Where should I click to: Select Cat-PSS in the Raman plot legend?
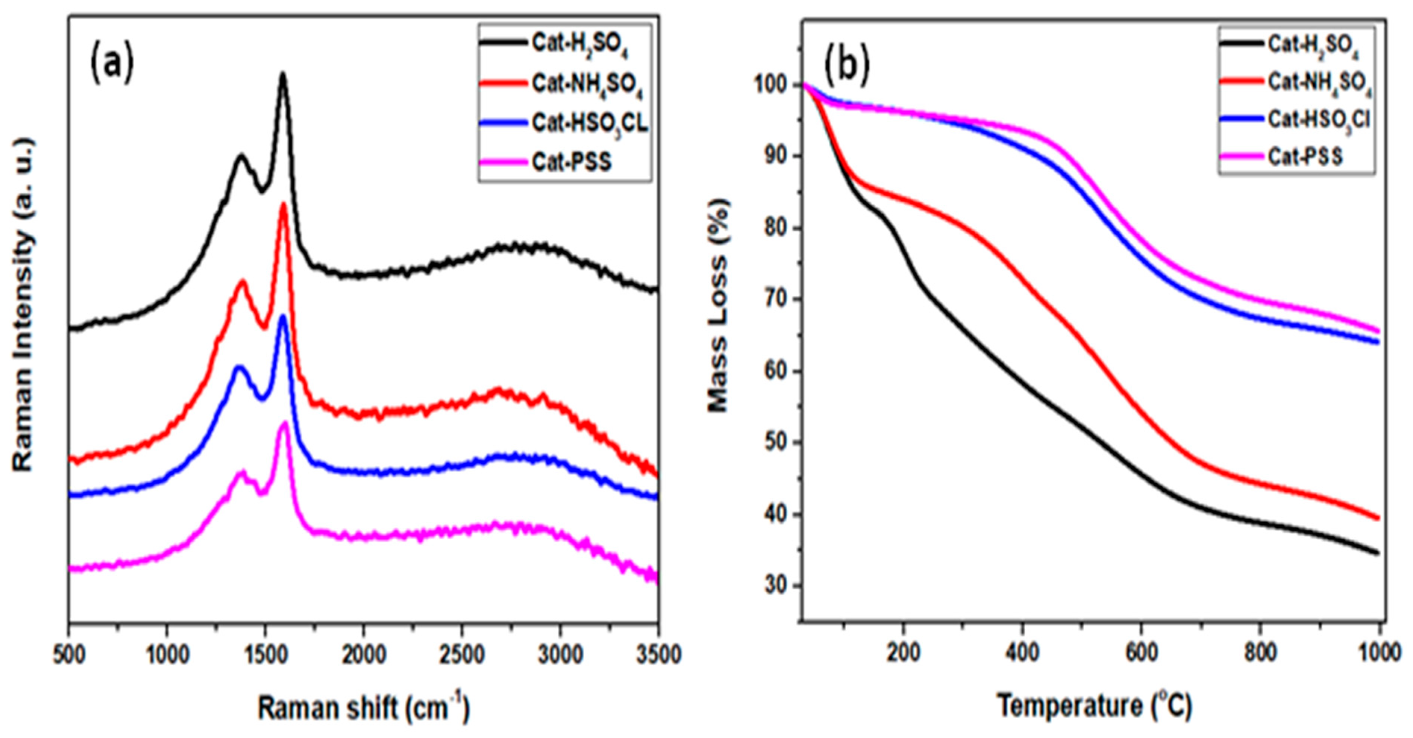click(x=572, y=162)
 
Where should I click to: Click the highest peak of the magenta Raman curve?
click(x=284, y=423)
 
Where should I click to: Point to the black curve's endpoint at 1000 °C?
click(x=1377, y=553)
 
